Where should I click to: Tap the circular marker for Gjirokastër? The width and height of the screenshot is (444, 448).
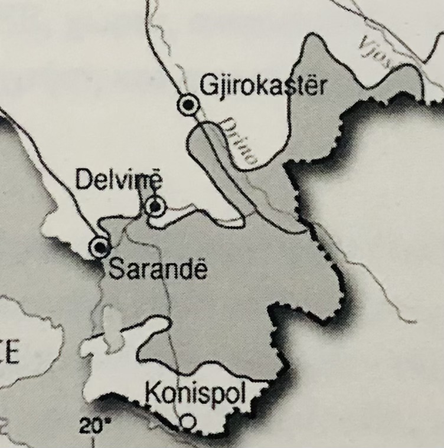(188, 105)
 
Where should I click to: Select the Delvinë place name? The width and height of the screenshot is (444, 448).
(118, 179)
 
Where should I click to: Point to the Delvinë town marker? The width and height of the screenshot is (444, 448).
(155, 206)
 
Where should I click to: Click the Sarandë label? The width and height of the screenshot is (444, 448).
(159, 270)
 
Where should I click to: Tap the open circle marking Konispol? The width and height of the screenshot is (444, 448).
(187, 421)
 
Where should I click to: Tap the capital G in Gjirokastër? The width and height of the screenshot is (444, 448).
(207, 86)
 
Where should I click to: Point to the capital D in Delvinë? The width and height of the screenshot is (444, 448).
(83, 180)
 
